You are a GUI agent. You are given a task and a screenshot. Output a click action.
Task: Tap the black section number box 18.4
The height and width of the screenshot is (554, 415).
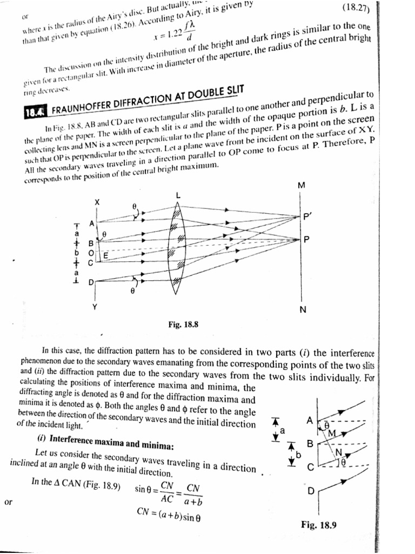click(x=36, y=112)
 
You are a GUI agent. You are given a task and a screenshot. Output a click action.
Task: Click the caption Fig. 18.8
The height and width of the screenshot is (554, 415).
click(x=183, y=325)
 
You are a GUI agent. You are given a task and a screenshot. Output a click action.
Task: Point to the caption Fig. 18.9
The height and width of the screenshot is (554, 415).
click(x=319, y=524)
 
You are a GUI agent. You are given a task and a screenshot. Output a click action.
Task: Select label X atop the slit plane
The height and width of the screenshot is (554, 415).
click(x=97, y=201)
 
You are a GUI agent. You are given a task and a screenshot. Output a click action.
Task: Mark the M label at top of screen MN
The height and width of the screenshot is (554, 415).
click(x=301, y=186)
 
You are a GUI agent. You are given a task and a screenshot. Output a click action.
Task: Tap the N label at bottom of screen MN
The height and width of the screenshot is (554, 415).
click(x=303, y=309)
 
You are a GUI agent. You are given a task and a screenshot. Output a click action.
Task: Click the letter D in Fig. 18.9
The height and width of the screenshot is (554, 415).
click(x=310, y=491)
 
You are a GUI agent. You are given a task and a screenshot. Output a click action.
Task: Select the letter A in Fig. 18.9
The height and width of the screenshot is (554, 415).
click(x=309, y=420)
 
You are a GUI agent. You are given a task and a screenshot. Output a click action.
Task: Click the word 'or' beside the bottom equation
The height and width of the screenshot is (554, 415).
click(x=8, y=502)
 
